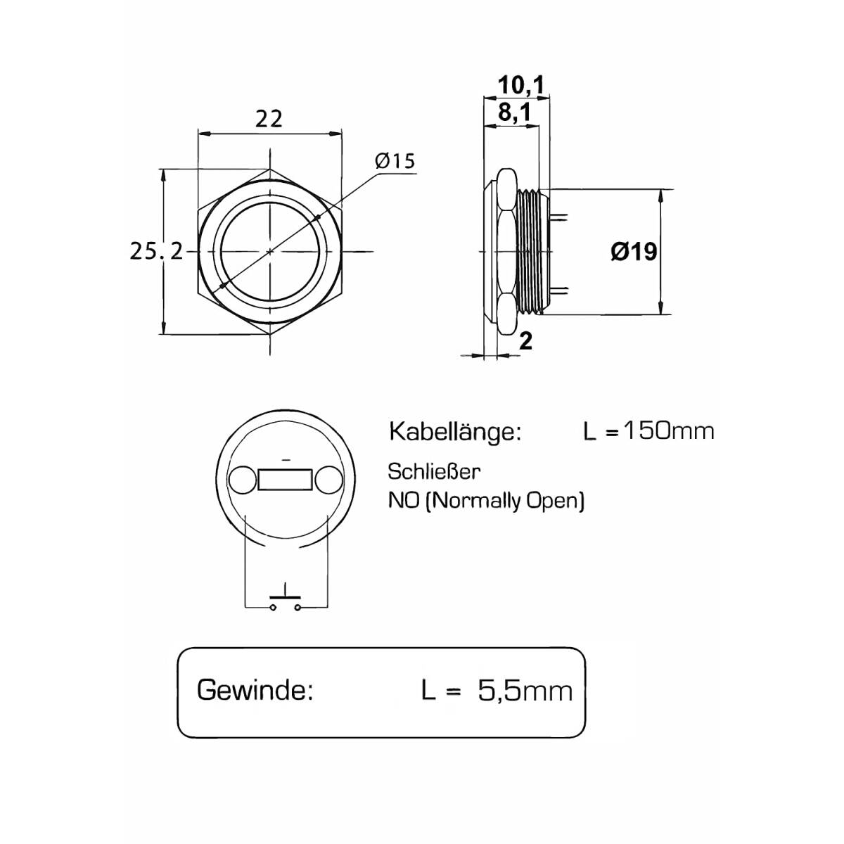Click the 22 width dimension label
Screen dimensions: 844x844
[269, 118]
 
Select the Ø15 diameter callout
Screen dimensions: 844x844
[395, 161]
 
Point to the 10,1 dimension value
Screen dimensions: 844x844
[520, 84]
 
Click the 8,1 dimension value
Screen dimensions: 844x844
[514, 113]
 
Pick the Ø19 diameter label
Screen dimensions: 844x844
[634, 251]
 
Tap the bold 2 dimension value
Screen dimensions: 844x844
[525, 340]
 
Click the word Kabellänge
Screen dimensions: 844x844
[456, 432]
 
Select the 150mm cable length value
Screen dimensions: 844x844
[668, 431]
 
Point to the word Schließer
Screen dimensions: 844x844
[434, 472]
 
